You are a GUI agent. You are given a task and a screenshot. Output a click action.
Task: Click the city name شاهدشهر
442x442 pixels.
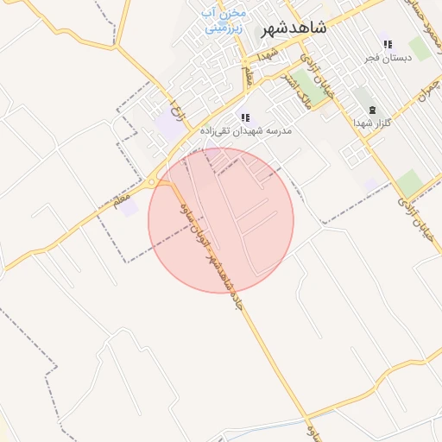coord(294,28)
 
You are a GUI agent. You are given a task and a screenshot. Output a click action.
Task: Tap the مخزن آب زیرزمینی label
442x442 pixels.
coord(224,20)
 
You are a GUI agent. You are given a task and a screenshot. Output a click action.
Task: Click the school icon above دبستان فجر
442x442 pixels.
coord(387,44)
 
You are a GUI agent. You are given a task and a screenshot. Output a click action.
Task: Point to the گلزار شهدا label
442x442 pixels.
coord(373,123)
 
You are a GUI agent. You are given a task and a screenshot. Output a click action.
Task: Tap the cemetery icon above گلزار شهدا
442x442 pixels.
coord(373,110)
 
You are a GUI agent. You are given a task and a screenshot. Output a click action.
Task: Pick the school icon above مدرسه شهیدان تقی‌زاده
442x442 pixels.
coord(245,117)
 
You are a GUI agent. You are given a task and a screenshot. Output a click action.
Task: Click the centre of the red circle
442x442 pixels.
coord(221,220)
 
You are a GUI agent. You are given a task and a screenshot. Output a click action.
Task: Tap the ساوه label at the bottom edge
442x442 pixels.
coord(312,428)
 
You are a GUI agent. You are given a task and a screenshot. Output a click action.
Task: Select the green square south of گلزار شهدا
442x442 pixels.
coord(410,183)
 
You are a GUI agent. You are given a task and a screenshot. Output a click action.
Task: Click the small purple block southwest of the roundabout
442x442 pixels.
coord(129,207)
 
